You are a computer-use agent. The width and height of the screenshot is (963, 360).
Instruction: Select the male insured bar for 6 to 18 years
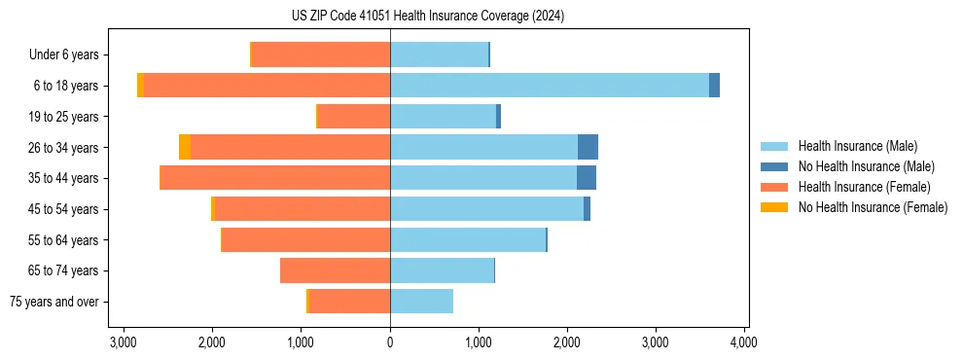click(550, 86)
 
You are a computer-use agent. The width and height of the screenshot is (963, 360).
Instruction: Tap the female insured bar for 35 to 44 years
click(275, 178)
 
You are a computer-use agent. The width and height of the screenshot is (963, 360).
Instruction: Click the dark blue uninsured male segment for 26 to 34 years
click(588, 147)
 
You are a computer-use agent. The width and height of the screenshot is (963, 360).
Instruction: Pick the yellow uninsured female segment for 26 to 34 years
click(185, 147)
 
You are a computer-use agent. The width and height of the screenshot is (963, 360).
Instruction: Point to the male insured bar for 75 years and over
click(421, 302)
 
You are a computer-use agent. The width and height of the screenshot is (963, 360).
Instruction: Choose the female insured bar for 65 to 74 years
click(335, 270)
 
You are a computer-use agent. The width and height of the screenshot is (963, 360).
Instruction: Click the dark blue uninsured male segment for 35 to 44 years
click(587, 178)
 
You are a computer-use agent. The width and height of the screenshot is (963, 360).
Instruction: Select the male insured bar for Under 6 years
click(439, 54)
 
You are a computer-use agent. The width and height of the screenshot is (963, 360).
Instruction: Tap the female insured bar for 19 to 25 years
click(354, 117)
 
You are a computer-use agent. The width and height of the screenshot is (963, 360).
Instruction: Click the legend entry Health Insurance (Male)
click(857, 146)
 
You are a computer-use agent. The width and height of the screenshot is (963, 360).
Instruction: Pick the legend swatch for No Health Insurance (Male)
click(774, 166)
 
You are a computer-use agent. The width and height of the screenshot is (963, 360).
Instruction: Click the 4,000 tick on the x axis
click(744, 342)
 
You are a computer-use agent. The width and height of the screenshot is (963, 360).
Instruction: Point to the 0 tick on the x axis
click(390, 342)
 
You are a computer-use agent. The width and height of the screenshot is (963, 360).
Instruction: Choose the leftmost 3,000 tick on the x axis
click(123, 342)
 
